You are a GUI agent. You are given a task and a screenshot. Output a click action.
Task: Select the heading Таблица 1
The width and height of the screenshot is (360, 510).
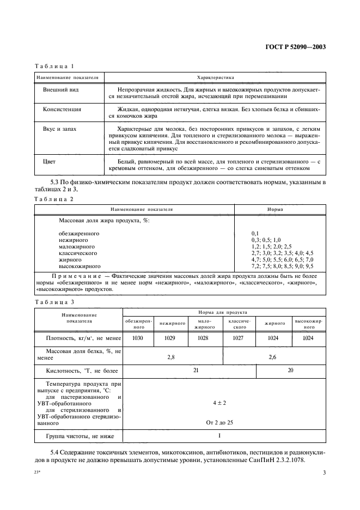click(x=54, y=66)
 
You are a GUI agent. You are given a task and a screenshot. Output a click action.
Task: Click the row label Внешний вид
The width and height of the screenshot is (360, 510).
click(x=59, y=88)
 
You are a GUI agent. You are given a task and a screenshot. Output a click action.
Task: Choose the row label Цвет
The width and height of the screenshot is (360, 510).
click(x=49, y=161)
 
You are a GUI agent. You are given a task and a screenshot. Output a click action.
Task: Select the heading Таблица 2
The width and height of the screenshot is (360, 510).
click(x=54, y=199)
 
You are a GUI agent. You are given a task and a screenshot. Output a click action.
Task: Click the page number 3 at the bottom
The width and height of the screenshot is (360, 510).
click(x=324, y=473)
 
